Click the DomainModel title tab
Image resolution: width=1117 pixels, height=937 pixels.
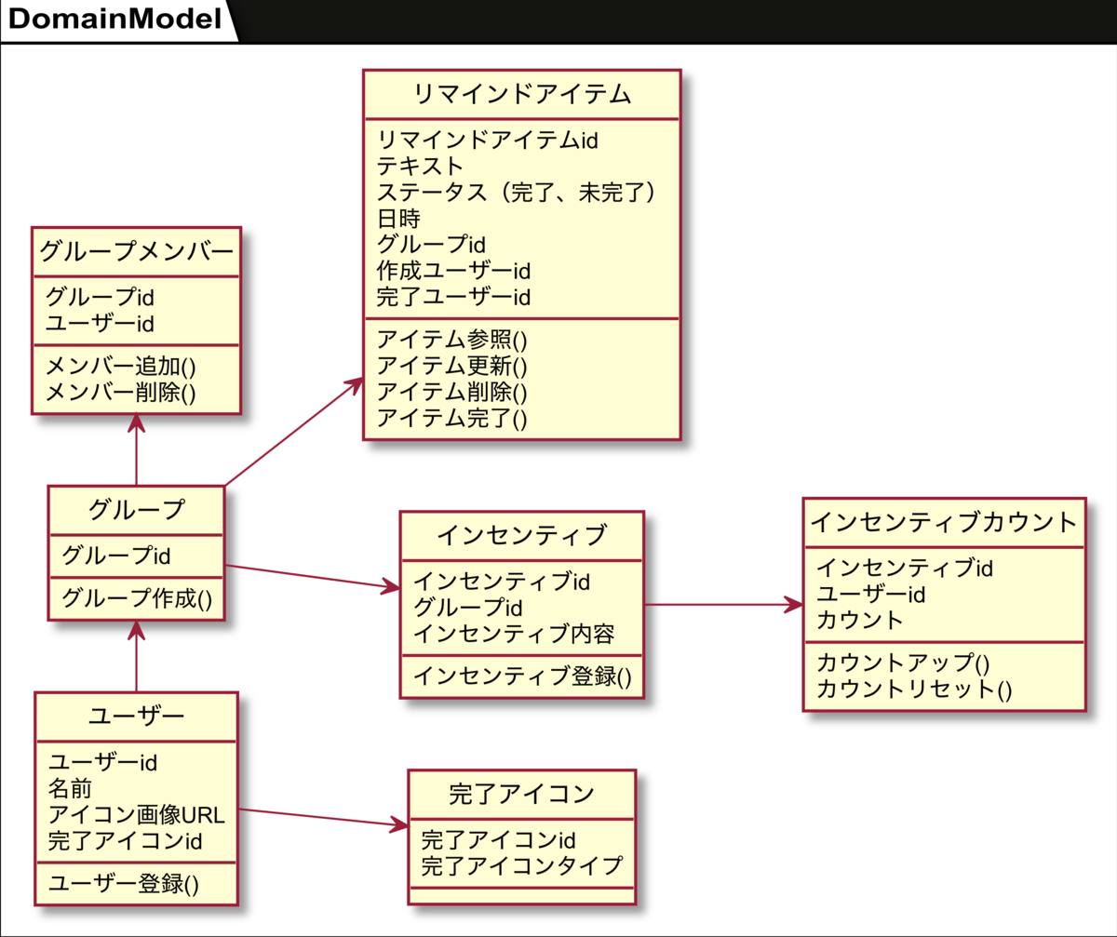pos(115,20)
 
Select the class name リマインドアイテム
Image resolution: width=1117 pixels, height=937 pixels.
pos(522,94)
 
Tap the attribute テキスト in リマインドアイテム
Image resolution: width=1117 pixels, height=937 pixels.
pos(420,166)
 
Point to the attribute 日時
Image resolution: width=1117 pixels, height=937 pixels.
pos(399,219)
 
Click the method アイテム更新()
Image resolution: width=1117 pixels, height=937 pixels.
pos(452,367)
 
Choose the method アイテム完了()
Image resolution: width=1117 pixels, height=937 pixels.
pos(452,418)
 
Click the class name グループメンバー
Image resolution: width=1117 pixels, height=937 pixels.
pos(137,251)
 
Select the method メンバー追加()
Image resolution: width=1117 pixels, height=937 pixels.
pos(121,367)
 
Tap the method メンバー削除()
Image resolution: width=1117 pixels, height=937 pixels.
pos(121,393)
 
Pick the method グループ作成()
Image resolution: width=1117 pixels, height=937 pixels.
pos(137,598)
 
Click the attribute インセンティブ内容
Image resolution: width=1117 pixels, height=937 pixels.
pos(514,634)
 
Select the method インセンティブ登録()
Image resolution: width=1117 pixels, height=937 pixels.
pos(522,676)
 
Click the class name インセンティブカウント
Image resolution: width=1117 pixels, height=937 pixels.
pos(944,522)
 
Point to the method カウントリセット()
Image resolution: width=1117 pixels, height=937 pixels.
pos(914,689)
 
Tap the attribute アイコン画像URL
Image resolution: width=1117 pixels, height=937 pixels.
pos(137,815)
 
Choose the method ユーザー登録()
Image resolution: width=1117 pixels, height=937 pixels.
pos(124,884)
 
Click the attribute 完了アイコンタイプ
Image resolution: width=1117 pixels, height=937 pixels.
pos(522,866)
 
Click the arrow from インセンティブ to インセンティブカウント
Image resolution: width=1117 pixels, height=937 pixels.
pos(724,605)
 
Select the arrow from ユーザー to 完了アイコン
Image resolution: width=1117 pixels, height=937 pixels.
pos(324,818)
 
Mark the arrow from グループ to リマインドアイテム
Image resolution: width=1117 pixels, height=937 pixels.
pos(294,432)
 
